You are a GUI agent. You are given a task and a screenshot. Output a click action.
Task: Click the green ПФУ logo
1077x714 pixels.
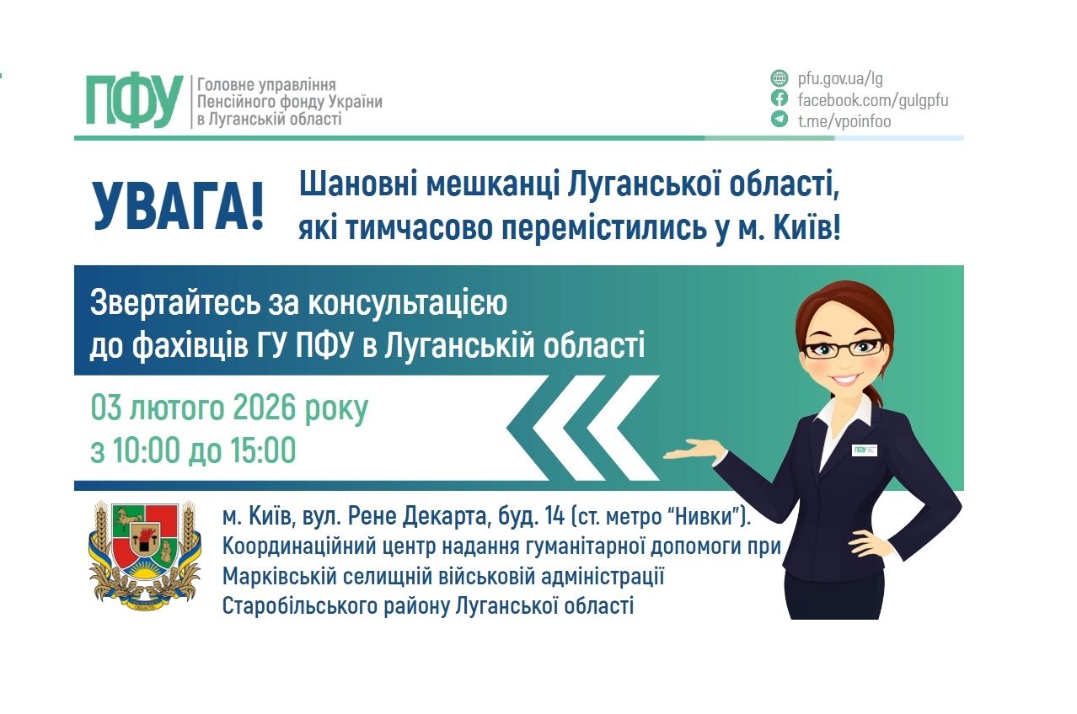pyautogui.click(x=134, y=100)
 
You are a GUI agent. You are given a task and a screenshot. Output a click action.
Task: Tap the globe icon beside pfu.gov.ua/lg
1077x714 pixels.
pyautogui.click(x=780, y=79)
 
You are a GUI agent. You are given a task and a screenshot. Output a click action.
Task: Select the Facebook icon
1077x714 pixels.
pyautogui.click(x=780, y=99)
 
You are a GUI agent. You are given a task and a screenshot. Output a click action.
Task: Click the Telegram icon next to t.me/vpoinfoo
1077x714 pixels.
pyautogui.click(x=780, y=120)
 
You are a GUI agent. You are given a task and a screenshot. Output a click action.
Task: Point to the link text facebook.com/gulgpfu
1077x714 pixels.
pyautogui.click(x=873, y=100)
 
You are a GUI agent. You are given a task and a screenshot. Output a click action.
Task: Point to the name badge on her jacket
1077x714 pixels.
pyautogui.click(x=865, y=450)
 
